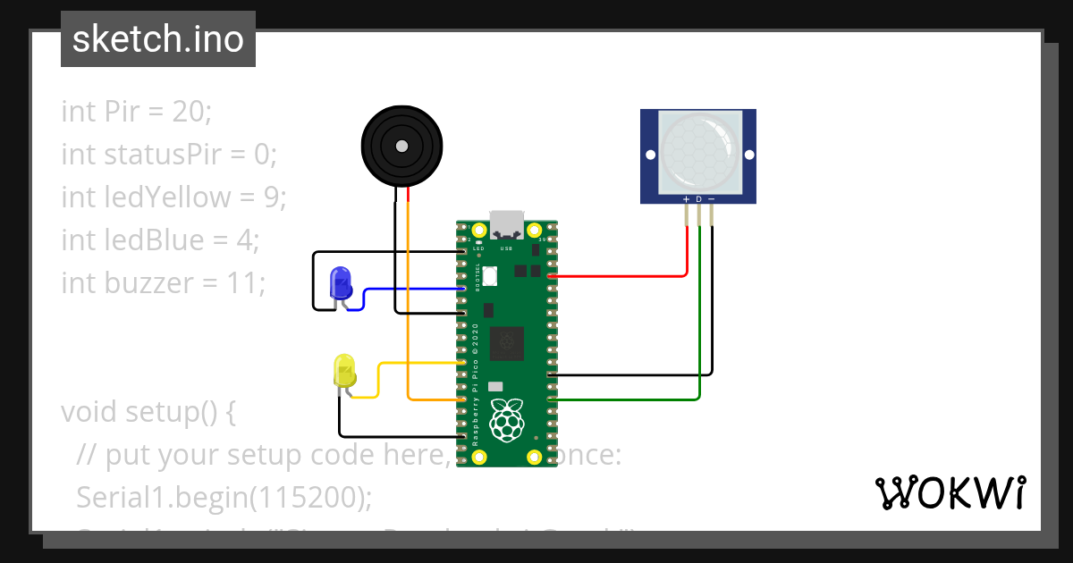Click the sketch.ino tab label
pos(157,39)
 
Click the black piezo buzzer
pos(401,146)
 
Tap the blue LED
pos(341,283)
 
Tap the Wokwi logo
pos(950,492)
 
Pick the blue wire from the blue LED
pos(411,289)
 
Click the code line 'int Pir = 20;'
pos(136,112)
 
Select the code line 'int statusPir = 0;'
pos(169,155)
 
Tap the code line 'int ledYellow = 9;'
pos(173,197)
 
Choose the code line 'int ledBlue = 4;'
pos(160,240)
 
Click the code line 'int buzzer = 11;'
pos(164,283)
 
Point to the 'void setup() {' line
pos(148,412)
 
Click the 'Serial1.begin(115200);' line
pos(224,498)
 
